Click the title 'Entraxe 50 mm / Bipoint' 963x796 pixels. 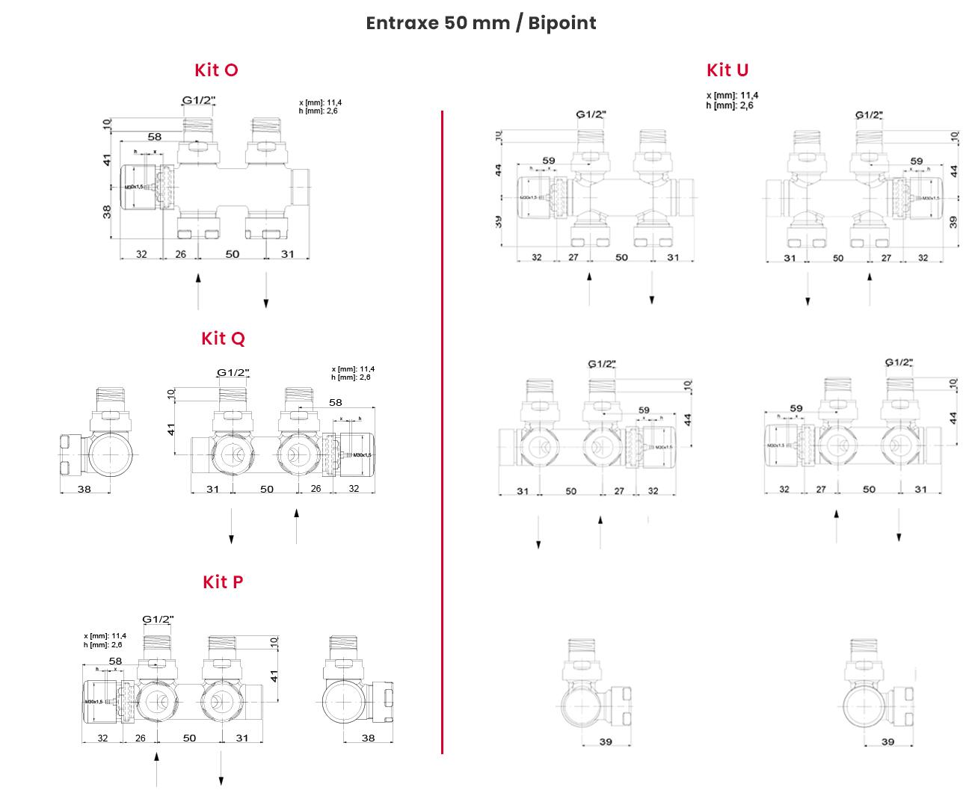(481, 23)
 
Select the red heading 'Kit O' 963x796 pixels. (216, 70)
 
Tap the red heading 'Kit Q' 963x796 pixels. (223, 339)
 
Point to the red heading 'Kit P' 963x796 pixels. (223, 581)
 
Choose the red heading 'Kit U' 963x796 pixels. (727, 70)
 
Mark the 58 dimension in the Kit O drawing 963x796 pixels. (154, 137)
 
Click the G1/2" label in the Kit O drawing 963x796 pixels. (199, 99)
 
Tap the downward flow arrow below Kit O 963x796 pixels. (265, 291)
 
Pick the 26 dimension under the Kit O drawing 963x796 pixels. (180, 254)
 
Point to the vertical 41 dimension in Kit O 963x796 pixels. (107, 160)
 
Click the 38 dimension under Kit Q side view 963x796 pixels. (84, 489)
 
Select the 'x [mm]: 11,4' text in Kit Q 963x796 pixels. (353, 369)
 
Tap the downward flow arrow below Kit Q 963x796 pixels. (231, 526)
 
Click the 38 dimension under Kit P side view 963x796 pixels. (368, 738)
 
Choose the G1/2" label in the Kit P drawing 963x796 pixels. (158, 619)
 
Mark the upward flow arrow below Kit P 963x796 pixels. (156, 770)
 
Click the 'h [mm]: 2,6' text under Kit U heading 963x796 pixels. (729, 105)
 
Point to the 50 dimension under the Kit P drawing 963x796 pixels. (189, 738)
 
